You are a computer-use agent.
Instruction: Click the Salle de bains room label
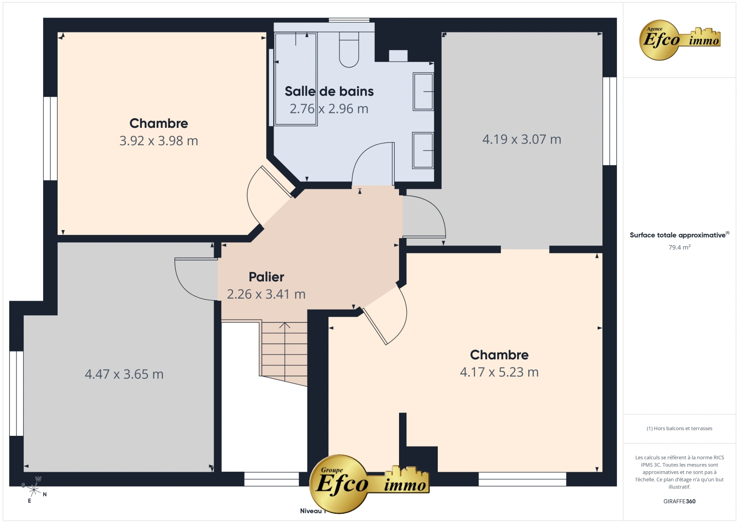(329, 92)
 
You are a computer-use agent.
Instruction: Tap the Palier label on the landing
(266, 277)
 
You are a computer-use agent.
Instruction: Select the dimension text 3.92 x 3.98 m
(159, 141)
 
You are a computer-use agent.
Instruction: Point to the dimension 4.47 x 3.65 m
(124, 374)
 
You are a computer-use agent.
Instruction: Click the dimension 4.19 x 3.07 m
(522, 139)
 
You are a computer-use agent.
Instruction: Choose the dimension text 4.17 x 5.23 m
(499, 372)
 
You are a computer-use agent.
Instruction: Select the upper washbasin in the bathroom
(423, 91)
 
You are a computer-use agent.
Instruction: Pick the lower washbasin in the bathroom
(423, 151)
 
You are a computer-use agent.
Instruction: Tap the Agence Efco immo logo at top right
(679, 40)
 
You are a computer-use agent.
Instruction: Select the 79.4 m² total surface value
(679, 247)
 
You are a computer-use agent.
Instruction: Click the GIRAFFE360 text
(679, 502)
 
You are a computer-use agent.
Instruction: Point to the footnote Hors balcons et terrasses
(679, 429)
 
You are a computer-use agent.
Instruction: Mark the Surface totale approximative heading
(678, 235)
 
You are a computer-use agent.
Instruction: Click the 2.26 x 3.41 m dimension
(266, 294)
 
